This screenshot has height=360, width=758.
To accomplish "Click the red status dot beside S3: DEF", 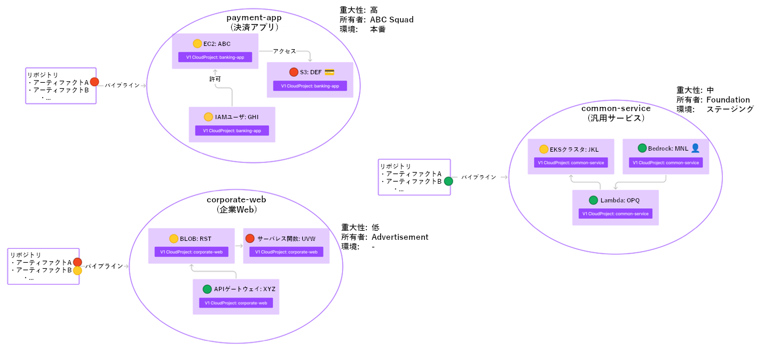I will click(x=294, y=72).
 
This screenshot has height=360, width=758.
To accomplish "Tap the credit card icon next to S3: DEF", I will click(x=329, y=72).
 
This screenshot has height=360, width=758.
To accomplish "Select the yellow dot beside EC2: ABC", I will click(x=198, y=44).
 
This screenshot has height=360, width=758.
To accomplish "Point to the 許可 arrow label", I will click(x=215, y=79).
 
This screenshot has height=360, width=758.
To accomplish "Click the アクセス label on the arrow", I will click(x=284, y=51).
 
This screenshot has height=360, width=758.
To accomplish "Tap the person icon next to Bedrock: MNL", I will click(x=695, y=148).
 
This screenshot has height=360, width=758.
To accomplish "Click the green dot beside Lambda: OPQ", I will click(x=594, y=200).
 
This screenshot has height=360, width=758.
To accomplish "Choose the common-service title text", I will click(x=616, y=108).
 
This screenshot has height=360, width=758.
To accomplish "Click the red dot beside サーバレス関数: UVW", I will click(x=250, y=238).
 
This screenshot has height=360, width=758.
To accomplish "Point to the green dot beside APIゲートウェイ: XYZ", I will click(x=207, y=289).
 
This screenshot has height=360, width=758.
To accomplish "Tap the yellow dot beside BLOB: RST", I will click(x=173, y=239).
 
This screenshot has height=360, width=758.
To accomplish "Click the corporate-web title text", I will click(x=236, y=199).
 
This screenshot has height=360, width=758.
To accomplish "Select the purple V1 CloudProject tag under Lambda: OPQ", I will click(x=615, y=214).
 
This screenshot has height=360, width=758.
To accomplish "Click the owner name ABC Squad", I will click(x=392, y=20).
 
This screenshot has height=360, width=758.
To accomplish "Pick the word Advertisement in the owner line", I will click(x=400, y=237).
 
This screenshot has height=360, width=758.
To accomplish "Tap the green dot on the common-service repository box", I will click(x=448, y=181).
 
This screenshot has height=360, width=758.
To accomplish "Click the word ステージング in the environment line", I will click(x=730, y=109).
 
